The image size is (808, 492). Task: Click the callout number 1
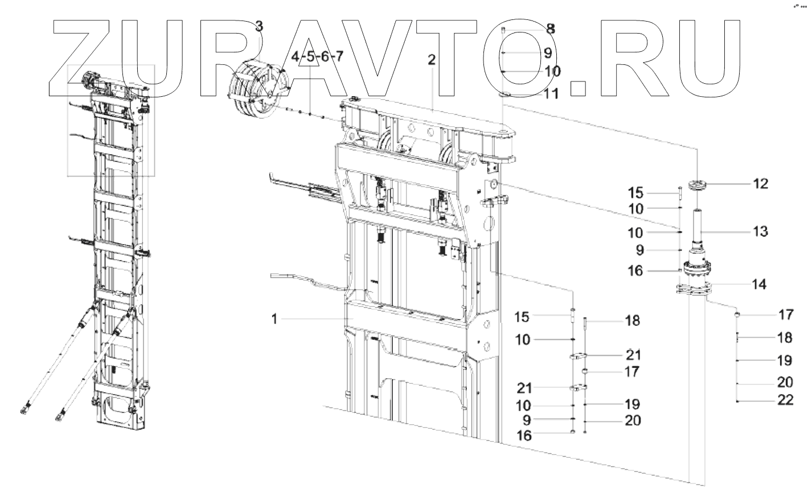coord(274,319)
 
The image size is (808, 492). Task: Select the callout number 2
coord(432,60)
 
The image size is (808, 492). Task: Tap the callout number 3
coord(259,26)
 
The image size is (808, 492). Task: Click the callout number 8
coord(551,28)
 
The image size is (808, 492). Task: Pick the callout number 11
coord(551,93)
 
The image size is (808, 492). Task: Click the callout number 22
coord(785,400)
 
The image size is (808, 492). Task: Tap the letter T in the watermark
coord(501,57)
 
